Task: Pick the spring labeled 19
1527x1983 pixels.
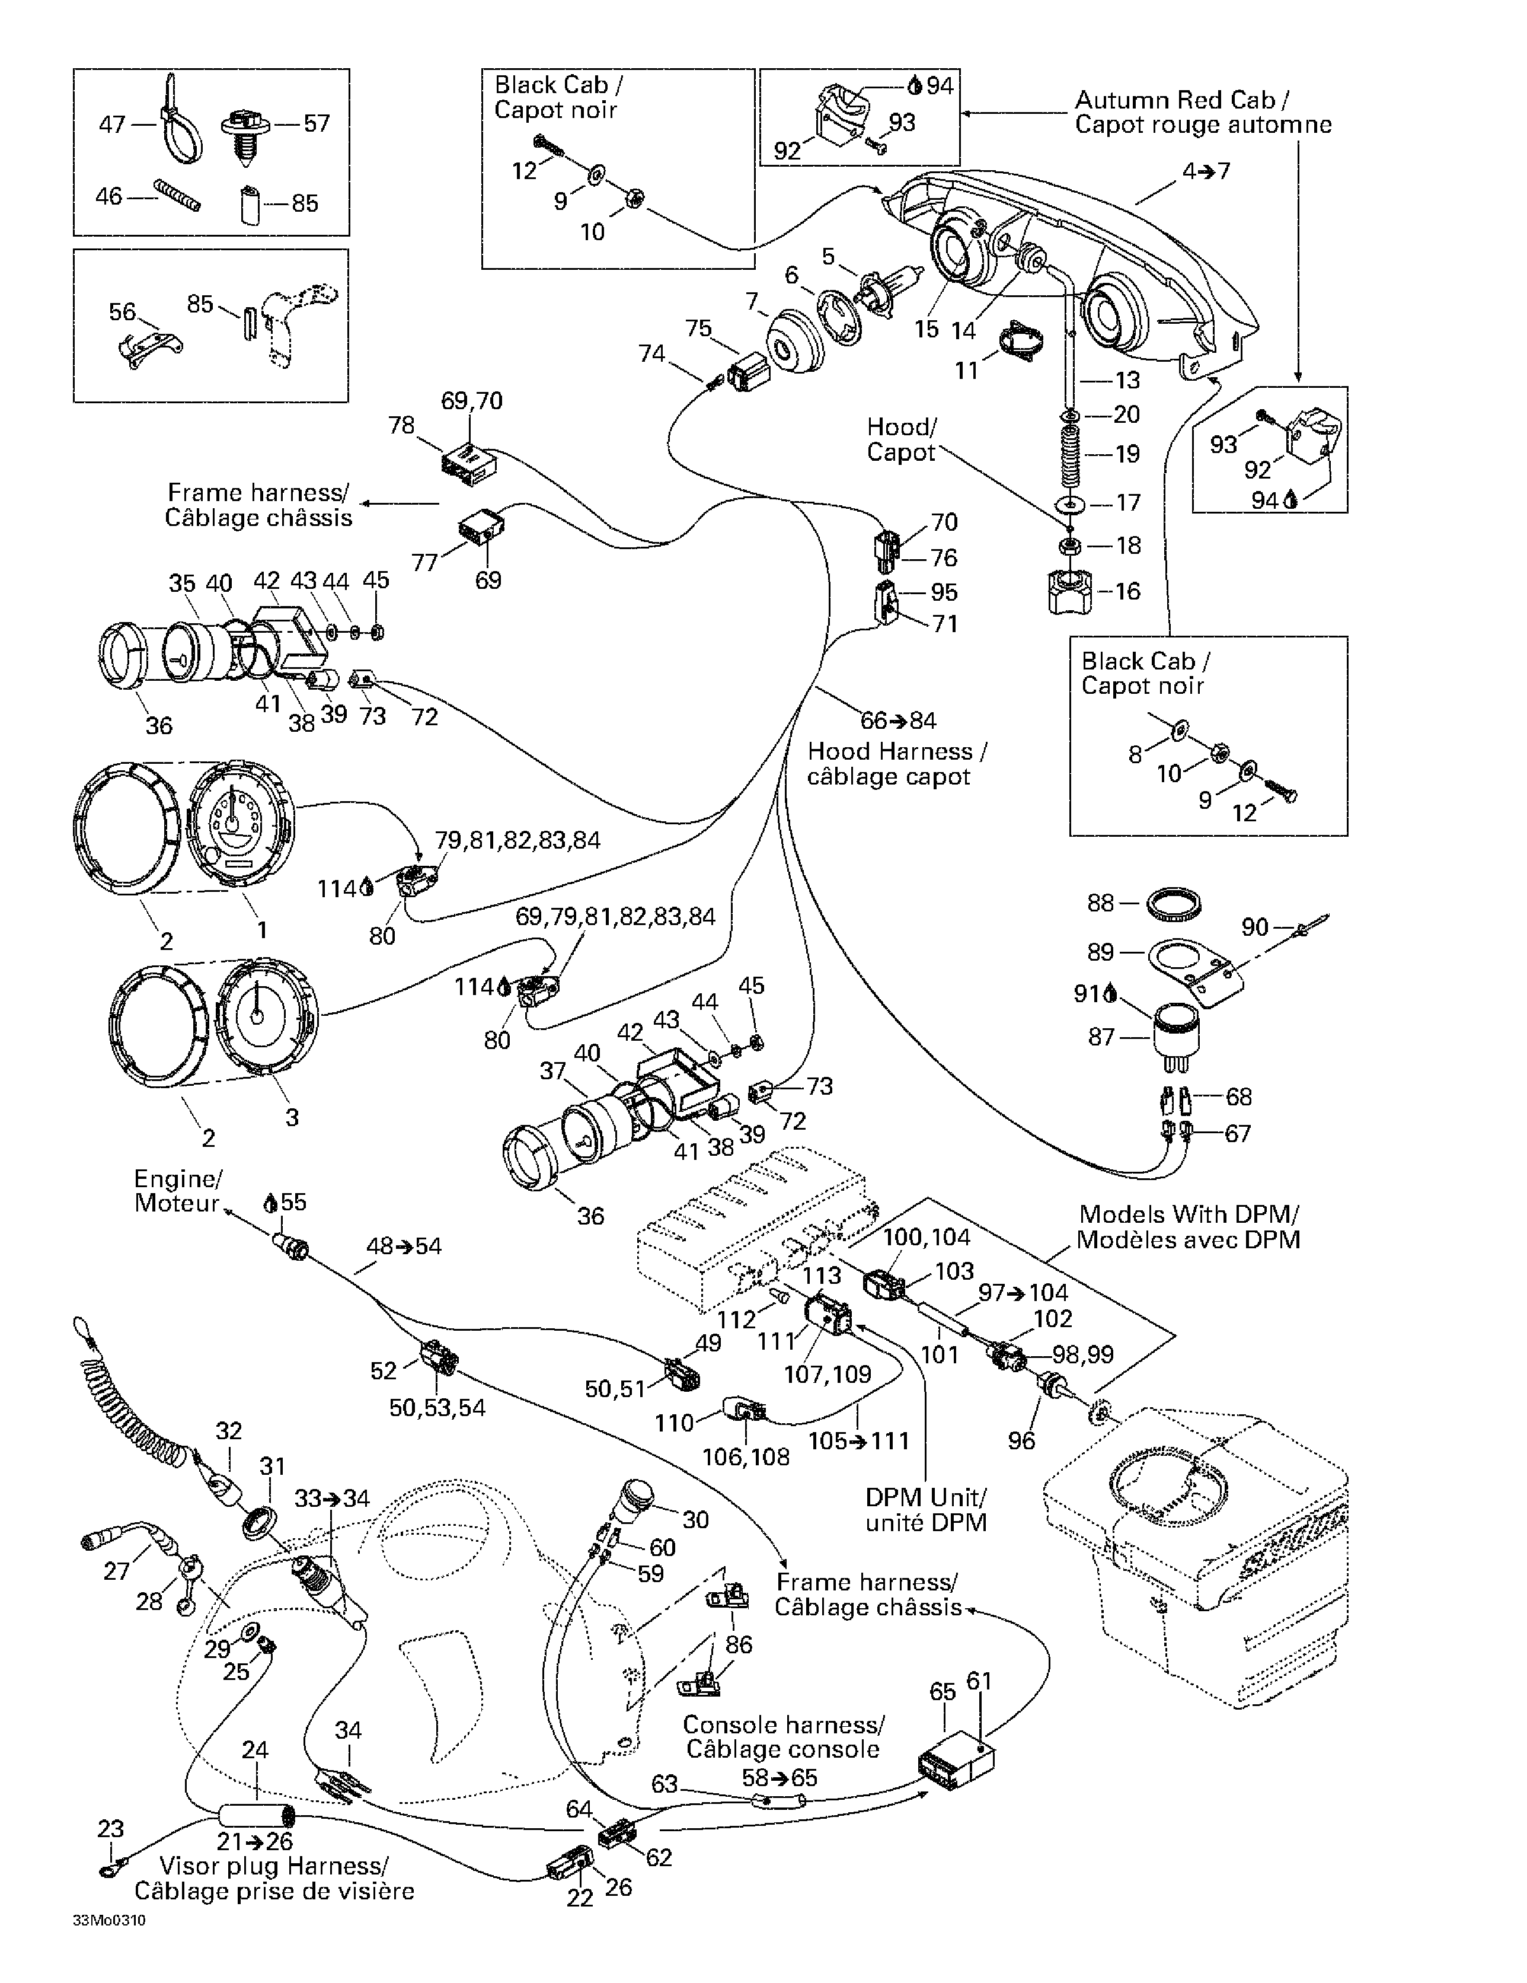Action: tap(1069, 455)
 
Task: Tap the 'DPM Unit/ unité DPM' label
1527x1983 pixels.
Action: tap(925, 1509)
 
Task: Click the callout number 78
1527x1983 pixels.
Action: tap(401, 425)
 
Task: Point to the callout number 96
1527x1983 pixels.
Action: tap(1021, 1441)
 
